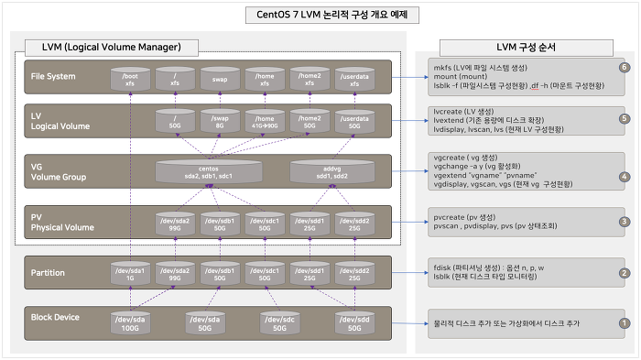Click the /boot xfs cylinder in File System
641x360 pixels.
coord(129,79)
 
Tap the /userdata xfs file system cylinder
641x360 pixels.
coord(353,79)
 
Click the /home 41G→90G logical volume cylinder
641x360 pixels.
coord(264,122)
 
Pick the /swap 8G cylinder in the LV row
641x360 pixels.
coord(219,122)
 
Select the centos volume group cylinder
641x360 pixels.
coord(208,171)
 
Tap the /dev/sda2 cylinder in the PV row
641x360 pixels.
coord(174,223)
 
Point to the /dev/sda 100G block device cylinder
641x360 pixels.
coord(129,322)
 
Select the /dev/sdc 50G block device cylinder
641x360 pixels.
coord(275,322)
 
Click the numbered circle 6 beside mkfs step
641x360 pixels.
coord(624,67)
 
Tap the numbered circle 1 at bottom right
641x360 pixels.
coord(624,323)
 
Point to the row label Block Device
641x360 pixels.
coord(54,318)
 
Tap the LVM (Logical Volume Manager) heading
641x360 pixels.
coord(112,47)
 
